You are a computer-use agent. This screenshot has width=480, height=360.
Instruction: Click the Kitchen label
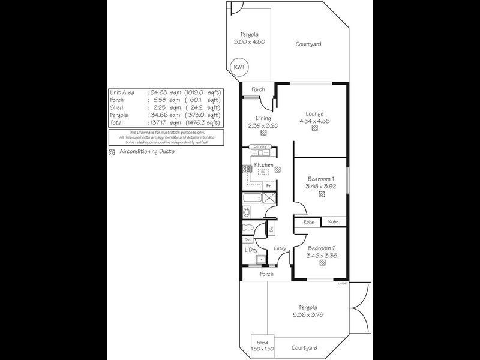tap(264, 165)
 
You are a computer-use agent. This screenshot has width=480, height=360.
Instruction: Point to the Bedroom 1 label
tap(321, 179)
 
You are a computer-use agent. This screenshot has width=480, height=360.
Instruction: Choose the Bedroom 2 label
tap(321, 248)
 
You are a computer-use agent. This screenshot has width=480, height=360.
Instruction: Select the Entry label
tap(280, 249)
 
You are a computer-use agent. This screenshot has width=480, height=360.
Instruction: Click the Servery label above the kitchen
tap(260, 146)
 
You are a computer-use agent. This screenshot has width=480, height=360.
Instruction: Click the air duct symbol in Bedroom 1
tap(322, 194)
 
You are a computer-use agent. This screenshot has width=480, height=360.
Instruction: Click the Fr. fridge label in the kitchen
tap(269, 186)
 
